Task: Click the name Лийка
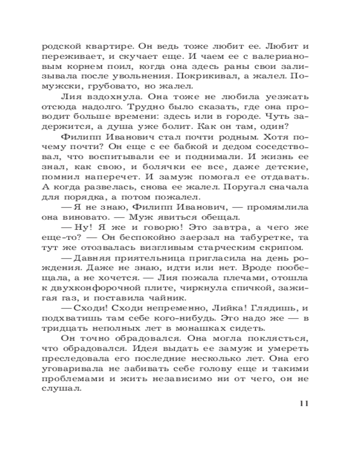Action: coord(212,311)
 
